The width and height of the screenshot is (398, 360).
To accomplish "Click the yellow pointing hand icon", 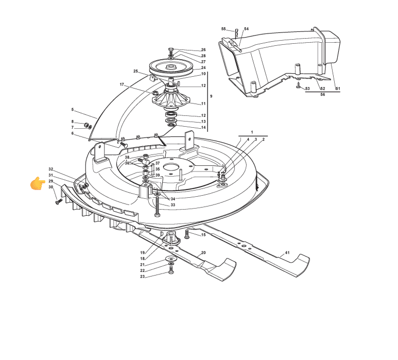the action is coord(38,183).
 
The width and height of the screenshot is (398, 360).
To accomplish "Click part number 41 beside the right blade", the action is coord(287,252).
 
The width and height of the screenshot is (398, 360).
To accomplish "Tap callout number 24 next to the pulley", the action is coord(203,68).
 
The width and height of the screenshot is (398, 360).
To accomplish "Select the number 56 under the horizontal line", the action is coord(323,94).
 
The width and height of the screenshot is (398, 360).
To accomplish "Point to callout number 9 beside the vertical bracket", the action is coord(211,96).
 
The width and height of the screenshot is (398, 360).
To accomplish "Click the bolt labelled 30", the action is coord(59,201).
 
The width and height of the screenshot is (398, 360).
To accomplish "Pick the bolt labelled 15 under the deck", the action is coord(187,234).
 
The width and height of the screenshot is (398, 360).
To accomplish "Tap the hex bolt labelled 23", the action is coord(171,272).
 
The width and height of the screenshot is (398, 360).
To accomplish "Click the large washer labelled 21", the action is coord(171,259).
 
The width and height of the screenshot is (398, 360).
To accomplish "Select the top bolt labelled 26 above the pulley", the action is coord(171,49).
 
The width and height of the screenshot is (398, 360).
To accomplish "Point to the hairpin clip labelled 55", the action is coord(236,33).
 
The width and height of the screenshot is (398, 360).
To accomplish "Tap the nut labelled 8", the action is coord(86,125).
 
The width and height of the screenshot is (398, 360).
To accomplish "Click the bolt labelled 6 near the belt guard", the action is coord(123,144).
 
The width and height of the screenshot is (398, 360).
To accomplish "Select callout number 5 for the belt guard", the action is coord(73,110).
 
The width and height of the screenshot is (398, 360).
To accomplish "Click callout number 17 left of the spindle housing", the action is coord(122,84).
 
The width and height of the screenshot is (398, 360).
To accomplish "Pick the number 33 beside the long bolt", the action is coord(172,205).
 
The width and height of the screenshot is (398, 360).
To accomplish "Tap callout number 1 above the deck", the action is coord(252,132).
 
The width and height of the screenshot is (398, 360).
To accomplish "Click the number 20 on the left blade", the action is coord(203,252).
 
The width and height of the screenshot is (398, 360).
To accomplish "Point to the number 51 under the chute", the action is coord(338,89).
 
